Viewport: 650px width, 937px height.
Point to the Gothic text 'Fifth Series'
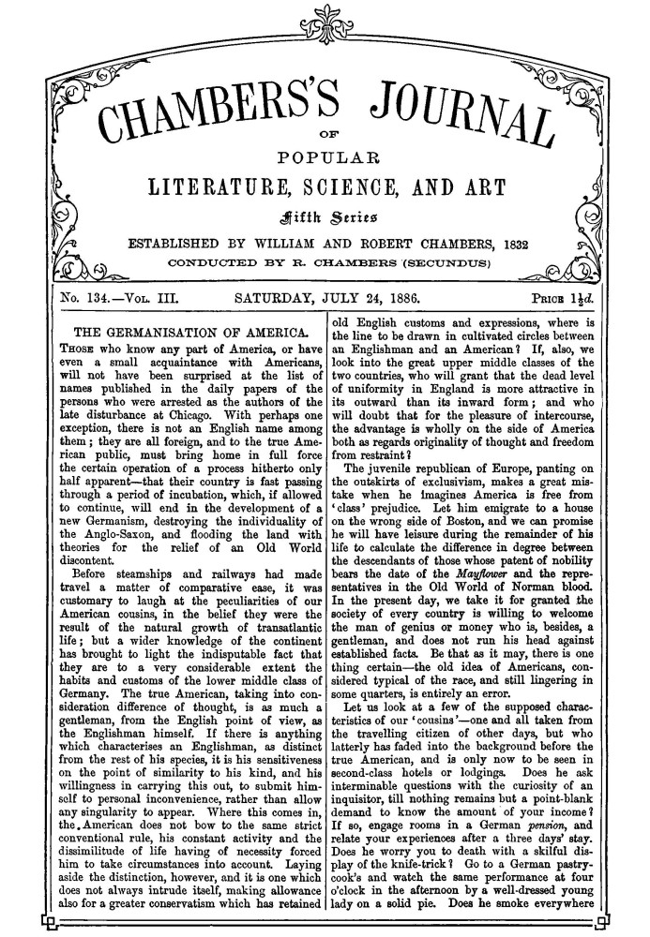pos(325,212)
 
